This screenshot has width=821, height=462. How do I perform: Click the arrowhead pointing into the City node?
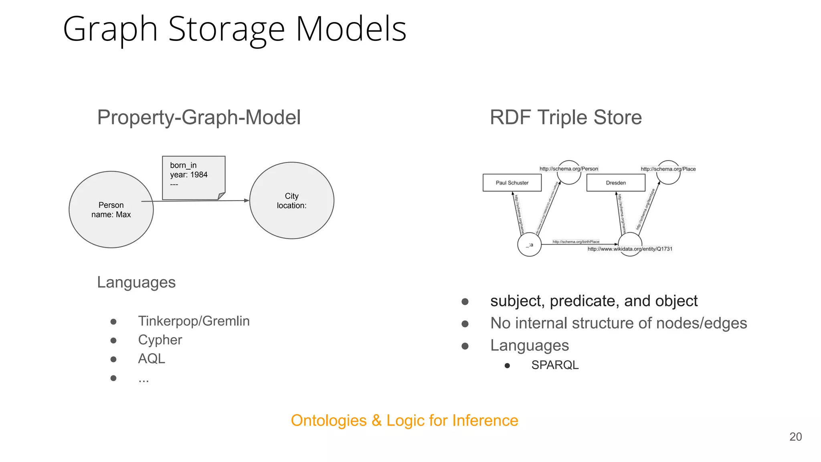coord(247,201)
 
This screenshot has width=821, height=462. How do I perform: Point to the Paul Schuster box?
coord(512,183)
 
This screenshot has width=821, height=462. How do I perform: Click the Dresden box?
coord(616,183)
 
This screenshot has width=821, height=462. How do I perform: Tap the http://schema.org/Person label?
coord(568,169)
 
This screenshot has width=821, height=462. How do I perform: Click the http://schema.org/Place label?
coord(668,169)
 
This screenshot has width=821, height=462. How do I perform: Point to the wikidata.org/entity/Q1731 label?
coord(630,249)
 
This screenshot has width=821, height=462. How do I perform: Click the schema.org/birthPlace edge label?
coord(576,241)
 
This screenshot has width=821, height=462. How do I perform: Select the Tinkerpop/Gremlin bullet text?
coord(194,321)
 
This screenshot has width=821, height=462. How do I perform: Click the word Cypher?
coord(160,340)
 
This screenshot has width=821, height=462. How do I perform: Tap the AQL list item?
coord(152,359)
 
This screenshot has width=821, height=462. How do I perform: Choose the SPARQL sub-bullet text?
coord(555,365)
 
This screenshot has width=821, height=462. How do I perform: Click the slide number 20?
coord(795,437)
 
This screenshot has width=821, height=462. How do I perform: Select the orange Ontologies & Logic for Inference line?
coord(404,421)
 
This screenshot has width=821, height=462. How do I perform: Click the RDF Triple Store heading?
coord(565,118)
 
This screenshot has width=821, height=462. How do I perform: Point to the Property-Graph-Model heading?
coord(199,118)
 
